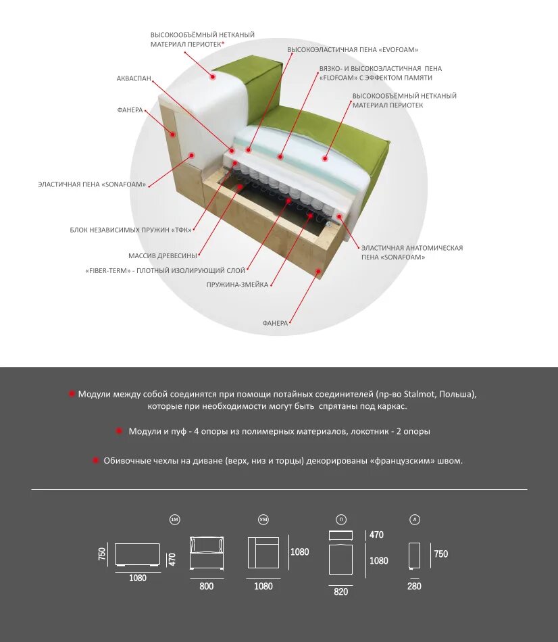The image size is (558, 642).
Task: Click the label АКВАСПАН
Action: tap(133, 79)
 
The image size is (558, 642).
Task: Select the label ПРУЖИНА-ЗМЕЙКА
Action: tap(237, 285)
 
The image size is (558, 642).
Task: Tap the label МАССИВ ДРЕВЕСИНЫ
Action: tap(162, 256)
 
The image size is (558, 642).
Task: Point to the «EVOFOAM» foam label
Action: tap(353, 50)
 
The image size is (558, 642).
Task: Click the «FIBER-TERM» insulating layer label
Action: tap(166, 270)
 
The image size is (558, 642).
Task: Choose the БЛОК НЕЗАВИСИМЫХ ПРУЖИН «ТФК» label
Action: tap(130, 230)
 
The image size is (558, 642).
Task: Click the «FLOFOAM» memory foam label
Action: tap(375, 78)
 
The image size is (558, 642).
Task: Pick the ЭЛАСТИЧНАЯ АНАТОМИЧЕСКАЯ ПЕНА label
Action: tap(412, 253)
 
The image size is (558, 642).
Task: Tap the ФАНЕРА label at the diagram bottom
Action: tap(275, 323)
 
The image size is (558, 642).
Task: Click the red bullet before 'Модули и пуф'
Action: tap(120, 431)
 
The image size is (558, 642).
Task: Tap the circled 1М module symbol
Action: tap(175, 519)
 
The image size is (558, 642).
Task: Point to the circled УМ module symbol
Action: tap(263, 519)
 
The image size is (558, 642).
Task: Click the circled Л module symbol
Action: tap(414, 519)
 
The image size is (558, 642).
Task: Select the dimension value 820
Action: tap(340, 591)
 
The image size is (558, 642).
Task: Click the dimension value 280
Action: tap(414, 586)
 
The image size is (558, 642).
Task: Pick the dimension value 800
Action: tap(206, 586)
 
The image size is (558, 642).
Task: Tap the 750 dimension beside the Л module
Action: tap(440, 554)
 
